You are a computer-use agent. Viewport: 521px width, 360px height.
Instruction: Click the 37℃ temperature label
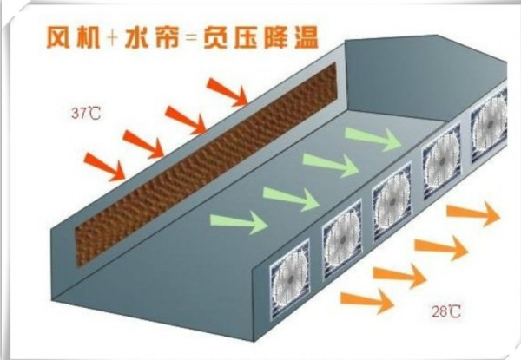(x=85, y=114)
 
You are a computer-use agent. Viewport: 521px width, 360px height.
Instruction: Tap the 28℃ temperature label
(x=446, y=311)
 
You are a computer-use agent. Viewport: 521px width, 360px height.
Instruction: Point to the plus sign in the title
(x=112, y=37)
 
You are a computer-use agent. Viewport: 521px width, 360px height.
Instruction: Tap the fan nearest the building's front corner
(x=290, y=279)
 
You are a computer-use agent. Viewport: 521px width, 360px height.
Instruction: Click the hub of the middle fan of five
(x=392, y=201)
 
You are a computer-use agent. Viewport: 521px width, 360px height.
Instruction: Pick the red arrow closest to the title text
(x=228, y=92)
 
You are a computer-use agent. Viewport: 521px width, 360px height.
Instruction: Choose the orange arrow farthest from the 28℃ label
(x=473, y=213)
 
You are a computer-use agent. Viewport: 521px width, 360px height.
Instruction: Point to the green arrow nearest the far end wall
(x=374, y=139)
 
